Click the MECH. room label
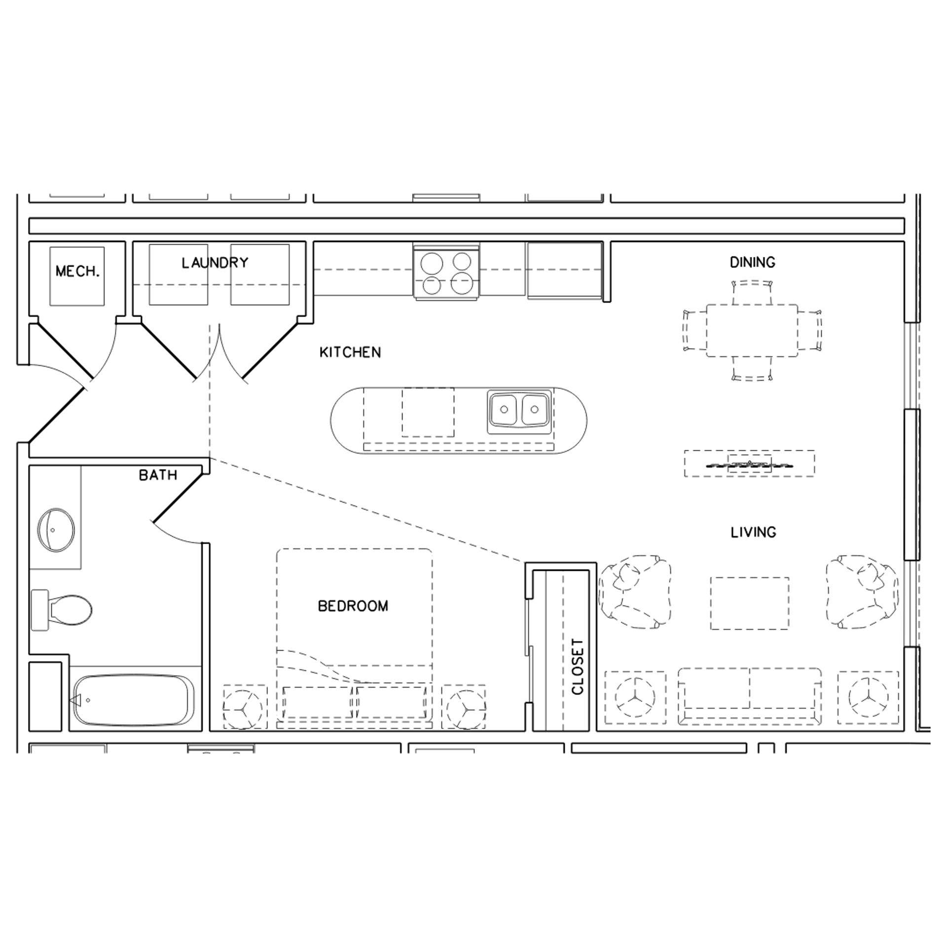(77, 271)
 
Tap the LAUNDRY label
(215, 263)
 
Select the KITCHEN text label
(350, 352)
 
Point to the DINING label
(752, 262)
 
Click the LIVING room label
(753, 532)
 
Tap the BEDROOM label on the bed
(353, 606)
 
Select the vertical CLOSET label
(578, 667)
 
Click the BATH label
(158, 475)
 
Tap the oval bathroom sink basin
(56, 530)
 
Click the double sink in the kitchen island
(519, 409)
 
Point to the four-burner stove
(446, 273)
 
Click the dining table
(752, 330)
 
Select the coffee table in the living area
(749, 603)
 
